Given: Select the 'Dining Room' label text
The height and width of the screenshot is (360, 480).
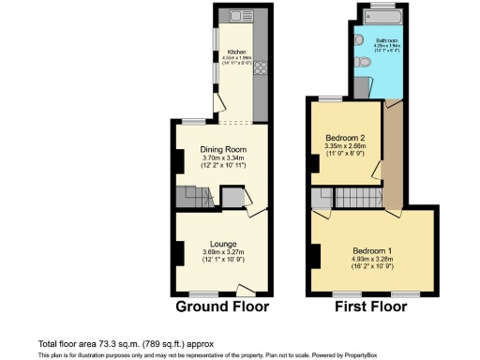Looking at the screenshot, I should pos(222,149).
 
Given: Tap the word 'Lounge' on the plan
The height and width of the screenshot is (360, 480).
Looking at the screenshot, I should pos(222,243).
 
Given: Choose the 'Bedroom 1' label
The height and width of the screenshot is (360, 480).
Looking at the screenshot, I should pos(373,250).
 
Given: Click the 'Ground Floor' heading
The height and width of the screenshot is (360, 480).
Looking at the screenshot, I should pos(222,307).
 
